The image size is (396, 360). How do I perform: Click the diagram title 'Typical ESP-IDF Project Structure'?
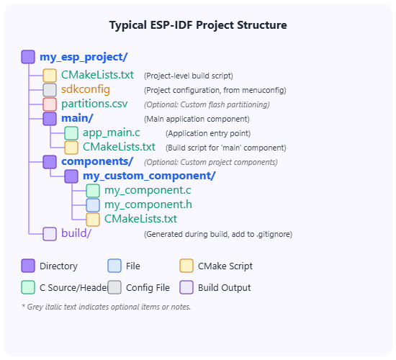tap(198, 25)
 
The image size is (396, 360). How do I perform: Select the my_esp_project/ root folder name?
tap(84, 57)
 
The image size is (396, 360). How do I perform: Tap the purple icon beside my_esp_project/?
tap(28, 57)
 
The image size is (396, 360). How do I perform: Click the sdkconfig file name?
tap(86, 89)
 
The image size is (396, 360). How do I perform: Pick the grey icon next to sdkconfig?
tap(50, 90)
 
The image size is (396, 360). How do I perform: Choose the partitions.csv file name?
tap(94, 104)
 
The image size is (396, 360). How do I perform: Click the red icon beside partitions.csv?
tap(50, 104)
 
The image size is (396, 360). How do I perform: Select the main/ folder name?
tap(77, 118)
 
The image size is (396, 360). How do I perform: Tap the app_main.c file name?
tap(112, 133)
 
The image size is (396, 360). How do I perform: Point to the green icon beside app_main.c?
tap(71, 133)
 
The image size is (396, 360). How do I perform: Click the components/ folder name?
tap(97, 162)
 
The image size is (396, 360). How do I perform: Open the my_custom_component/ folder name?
tap(149, 176)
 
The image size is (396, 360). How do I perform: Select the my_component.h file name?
tap(148, 204)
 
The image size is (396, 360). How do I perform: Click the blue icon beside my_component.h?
tap(93, 205)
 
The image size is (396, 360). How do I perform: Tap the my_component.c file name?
tap(148, 190)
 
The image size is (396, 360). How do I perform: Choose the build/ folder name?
tap(76, 233)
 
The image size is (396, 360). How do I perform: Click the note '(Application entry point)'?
tap(208, 133)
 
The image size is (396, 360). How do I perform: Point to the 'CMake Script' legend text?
tap(225, 266)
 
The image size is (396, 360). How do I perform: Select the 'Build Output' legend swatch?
tap(186, 287)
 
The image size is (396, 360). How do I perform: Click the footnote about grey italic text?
tap(107, 307)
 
